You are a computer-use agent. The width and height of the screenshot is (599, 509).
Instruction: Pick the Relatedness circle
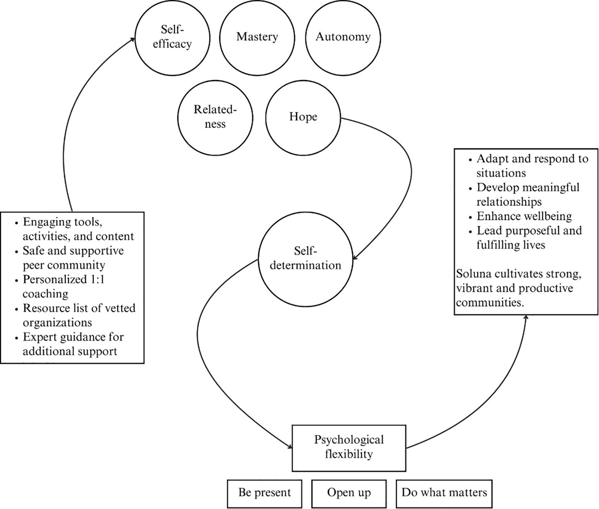(x=215, y=117)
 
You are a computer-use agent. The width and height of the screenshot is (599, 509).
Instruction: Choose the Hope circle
(x=303, y=117)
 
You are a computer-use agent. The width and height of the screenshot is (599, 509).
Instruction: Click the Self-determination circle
(x=305, y=258)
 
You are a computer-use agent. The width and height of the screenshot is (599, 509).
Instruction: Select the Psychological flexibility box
(x=349, y=448)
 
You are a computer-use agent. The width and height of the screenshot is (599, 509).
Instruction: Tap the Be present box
(x=264, y=493)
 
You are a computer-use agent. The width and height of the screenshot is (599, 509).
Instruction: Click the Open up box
(x=349, y=493)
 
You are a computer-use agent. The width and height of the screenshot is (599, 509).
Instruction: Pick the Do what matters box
(x=444, y=493)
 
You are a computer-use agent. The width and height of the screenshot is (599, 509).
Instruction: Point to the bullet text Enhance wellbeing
(x=524, y=216)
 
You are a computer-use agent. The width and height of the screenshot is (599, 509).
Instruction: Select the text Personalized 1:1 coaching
(x=63, y=286)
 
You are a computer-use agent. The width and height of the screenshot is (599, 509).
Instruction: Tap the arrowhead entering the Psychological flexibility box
(x=290, y=447)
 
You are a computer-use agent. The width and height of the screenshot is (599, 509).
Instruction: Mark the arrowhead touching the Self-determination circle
(x=355, y=258)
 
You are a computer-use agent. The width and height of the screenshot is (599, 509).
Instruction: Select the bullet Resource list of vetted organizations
(x=79, y=315)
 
